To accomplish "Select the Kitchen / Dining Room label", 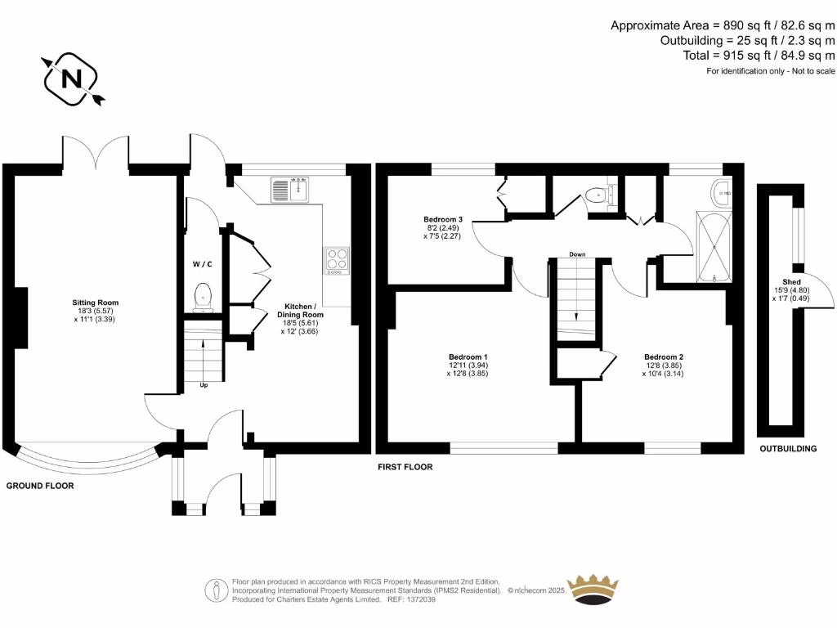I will [x=302, y=314].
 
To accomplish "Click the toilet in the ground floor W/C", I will [x=203, y=297].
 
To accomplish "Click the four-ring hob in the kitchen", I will [x=338, y=259].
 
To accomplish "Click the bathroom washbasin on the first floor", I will [x=723, y=193].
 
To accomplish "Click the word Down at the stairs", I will [x=578, y=254].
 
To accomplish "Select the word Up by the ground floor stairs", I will [x=204, y=384].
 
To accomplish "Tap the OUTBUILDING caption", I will [x=788, y=449].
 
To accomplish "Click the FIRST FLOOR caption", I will [x=405, y=467].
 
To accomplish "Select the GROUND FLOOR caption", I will [x=40, y=486].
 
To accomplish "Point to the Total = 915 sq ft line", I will [x=759, y=56].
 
